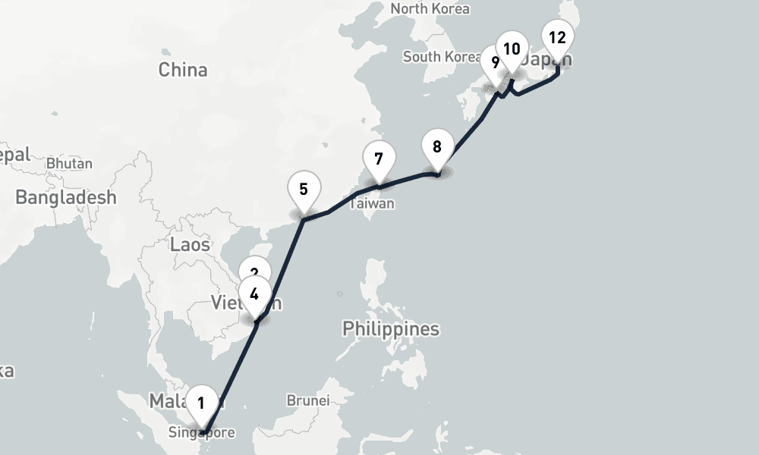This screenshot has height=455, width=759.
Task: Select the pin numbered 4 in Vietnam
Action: (254, 294)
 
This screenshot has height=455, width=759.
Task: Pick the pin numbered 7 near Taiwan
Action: (379, 159)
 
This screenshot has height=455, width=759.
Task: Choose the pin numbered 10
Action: (512, 50)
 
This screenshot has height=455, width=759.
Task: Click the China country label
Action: (183, 70)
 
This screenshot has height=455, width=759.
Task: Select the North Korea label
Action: (430, 9)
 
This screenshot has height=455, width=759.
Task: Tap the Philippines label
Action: (390, 329)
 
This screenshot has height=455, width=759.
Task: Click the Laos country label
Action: (190, 244)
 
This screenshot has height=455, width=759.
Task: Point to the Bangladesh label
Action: (66, 198)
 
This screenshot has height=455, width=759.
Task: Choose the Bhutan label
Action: (69, 163)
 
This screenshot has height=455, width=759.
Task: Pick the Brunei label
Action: (307, 400)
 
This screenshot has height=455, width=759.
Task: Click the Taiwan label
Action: (372, 204)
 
